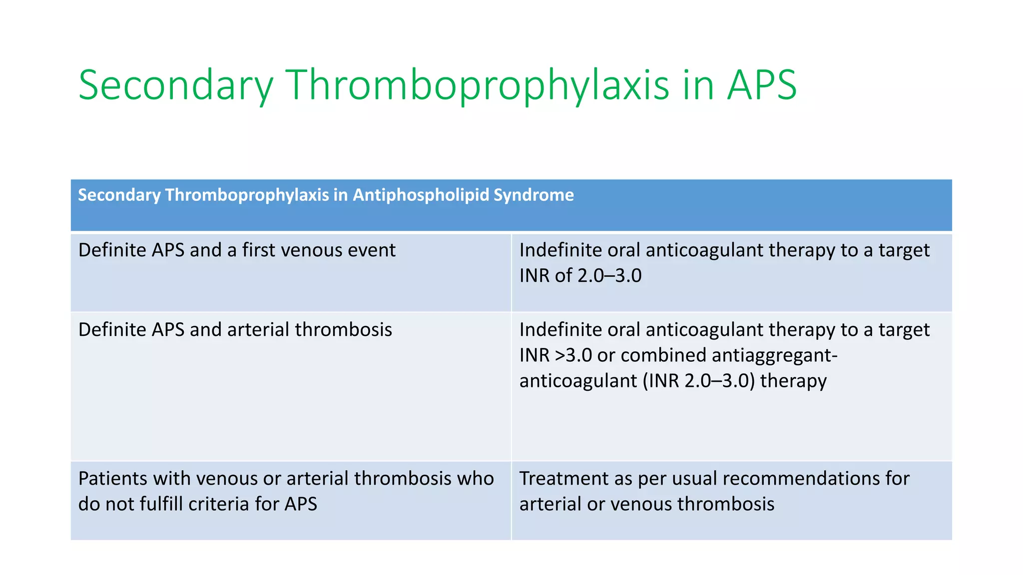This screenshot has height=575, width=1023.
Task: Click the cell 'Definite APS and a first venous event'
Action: pos(237,250)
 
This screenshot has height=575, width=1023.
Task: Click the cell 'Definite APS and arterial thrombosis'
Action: pos(235,330)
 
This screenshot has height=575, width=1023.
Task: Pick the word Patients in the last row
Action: pos(112,479)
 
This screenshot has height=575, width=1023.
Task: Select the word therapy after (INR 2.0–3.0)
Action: pos(793,381)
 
